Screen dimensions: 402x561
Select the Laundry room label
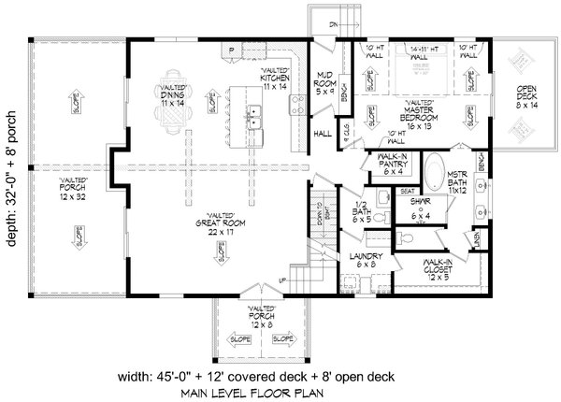[x=359, y=260]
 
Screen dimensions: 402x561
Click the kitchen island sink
[x=253, y=116]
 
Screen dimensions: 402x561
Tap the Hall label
[x=324, y=133]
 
